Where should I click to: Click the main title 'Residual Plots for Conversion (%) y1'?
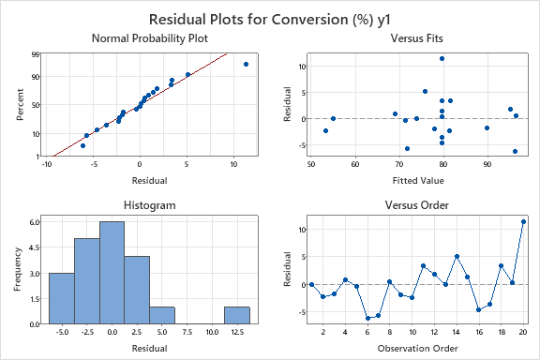(x=269, y=18)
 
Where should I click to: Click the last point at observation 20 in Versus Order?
(x=524, y=222)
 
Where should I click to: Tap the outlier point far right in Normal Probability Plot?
(x=246, y=64)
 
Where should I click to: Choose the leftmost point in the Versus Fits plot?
(x=325, y=130)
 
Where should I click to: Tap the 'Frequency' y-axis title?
(x=16, y=268)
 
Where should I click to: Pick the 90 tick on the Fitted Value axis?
(x=487, y=164)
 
